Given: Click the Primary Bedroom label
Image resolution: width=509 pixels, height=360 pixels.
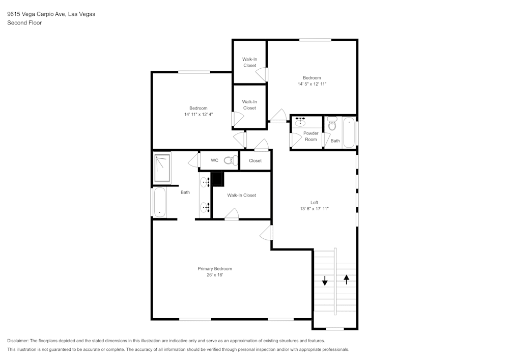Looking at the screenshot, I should point(215,269).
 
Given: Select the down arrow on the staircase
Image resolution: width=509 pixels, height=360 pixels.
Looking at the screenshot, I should point(324,280).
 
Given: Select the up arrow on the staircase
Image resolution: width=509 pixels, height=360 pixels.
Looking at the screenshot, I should point(347,279).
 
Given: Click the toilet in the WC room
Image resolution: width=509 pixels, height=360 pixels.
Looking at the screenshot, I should point(231,161).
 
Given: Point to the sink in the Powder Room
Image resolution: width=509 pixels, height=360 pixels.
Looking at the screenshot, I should point(301,122).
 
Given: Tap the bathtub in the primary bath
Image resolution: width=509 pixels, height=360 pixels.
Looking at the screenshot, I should point(159,203).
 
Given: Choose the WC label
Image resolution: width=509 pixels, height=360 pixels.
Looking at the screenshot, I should point(215,161).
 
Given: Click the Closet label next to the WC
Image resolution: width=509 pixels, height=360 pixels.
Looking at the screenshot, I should point(255,161).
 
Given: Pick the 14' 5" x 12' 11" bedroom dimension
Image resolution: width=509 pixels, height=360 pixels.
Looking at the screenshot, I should point(312,84).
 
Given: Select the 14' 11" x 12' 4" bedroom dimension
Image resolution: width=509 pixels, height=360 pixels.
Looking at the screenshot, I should point(199,115).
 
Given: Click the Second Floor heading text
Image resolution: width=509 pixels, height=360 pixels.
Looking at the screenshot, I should point(24,23).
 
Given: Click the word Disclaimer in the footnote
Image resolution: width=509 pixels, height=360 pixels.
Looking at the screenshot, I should point(18,341).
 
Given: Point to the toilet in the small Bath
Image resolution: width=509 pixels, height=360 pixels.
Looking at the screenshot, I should point(332,124).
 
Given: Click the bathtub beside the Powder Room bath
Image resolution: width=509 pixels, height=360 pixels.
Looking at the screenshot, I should point(349,132).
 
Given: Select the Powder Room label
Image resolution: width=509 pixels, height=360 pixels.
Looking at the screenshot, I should point(310,136).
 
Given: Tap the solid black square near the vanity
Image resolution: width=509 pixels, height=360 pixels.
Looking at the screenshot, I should point(217,179).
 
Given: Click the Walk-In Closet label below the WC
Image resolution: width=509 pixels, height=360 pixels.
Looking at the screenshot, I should point(241,196).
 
